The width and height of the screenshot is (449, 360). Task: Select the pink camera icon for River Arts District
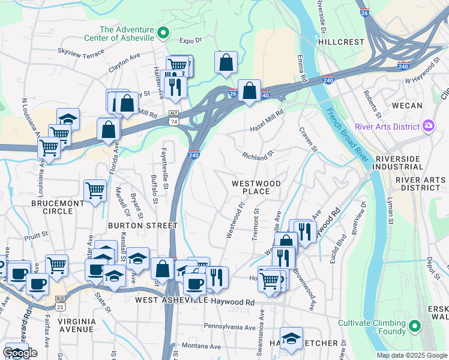pyautogui.click(x=429, y=126)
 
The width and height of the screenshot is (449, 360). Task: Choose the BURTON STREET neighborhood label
pyautogui.click(x=143, y=226)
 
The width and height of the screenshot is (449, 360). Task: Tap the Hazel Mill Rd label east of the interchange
pyautogui.click(x=267, y=122)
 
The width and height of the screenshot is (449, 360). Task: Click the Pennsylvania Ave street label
pyautogui.click(x=230, y=327)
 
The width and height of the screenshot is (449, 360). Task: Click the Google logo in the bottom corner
pyautogui.click(x=20, y=353)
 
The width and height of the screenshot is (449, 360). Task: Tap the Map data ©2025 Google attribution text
pyautogui.click(x=411, y=355)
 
